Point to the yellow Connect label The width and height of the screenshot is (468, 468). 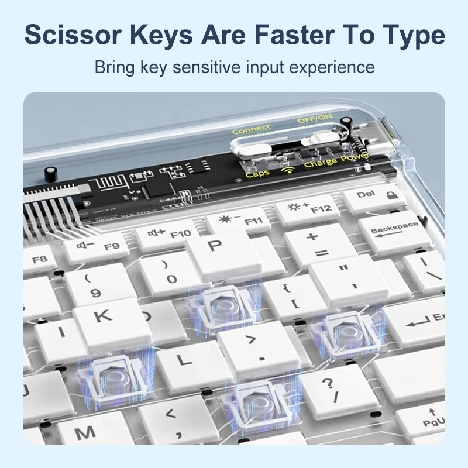[251, 129]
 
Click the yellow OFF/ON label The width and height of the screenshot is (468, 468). [314, 120]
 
